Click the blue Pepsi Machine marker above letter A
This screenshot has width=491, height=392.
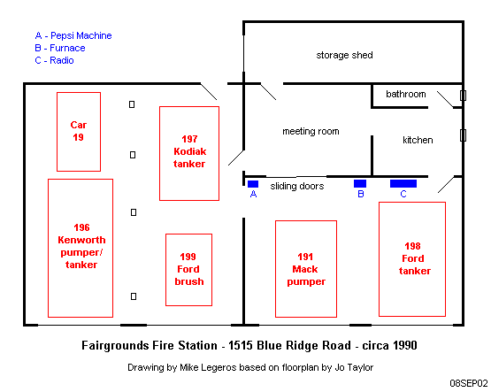tap(253, 184)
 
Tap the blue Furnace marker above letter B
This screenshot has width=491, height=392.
tap(360, 183)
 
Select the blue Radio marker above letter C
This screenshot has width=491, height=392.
tap(403, 183)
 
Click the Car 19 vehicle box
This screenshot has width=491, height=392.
tap(57, 132)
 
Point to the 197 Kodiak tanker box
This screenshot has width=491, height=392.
tap(160, 153)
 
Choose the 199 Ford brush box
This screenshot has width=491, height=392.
tap(166, 270)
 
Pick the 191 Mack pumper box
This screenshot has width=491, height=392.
tap(275, 269)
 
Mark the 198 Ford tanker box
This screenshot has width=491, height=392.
tap(380, 259)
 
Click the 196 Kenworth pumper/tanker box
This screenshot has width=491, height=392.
tap(49, 248)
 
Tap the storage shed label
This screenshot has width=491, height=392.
tap(344, 55)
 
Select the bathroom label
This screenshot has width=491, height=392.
tap(406, 94)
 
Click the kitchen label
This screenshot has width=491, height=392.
tap(418, 140)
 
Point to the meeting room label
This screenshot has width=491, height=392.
tap(311, 131)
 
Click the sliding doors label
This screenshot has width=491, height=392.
tap(297, 187)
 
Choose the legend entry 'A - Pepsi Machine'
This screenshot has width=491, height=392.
tap(73, 35)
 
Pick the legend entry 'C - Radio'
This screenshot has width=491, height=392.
tap(54, 60)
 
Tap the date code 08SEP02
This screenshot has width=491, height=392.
tap(469, 383)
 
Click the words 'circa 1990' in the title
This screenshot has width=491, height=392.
tap(389, 345)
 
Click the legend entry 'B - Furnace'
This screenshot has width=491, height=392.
tap(60, 48)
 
